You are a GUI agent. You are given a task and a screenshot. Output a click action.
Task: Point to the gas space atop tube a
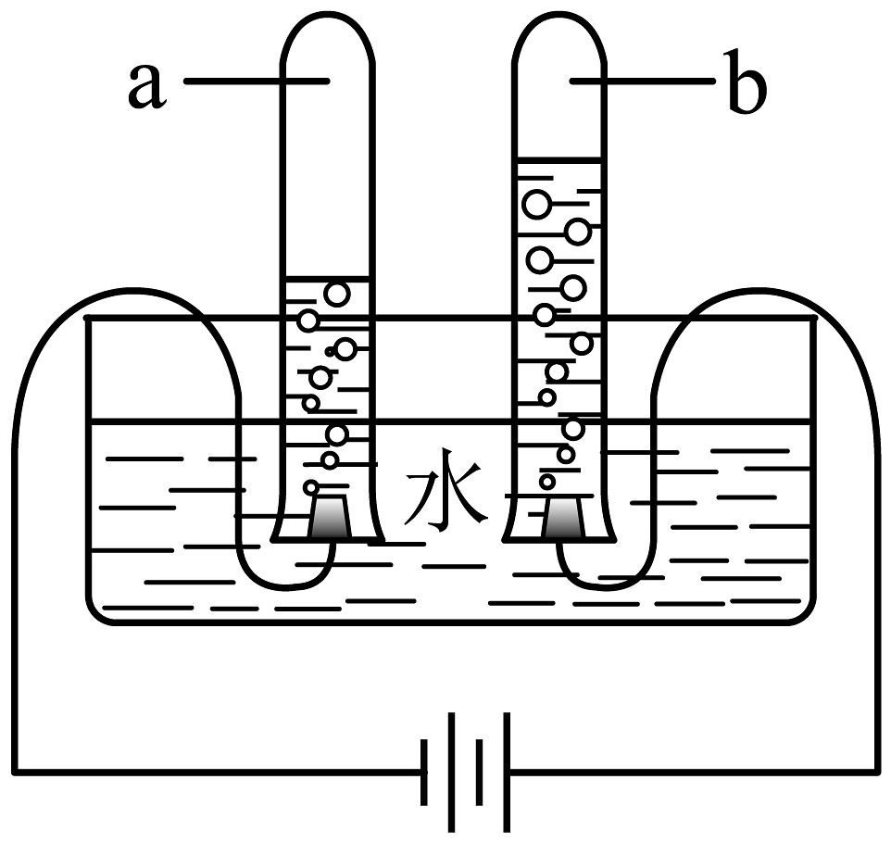pyautogui.click(x=328, y=167)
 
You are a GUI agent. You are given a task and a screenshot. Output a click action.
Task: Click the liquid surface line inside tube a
pyautogui.click(x=328, y=279)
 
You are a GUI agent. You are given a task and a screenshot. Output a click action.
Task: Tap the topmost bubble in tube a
pyautogui.click(x=337, y=294)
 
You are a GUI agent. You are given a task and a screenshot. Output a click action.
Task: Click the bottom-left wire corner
pyautogui.click(x=16, y=770)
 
